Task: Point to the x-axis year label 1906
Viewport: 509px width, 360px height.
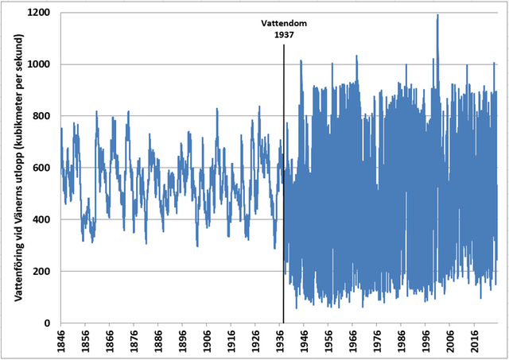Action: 207,341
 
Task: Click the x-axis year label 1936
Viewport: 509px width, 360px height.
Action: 280,341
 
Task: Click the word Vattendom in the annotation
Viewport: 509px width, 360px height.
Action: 284,24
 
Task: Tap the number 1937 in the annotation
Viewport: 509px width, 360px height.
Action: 284,35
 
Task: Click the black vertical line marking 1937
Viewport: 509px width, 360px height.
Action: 284,199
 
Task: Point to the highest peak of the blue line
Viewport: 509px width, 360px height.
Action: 437,15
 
